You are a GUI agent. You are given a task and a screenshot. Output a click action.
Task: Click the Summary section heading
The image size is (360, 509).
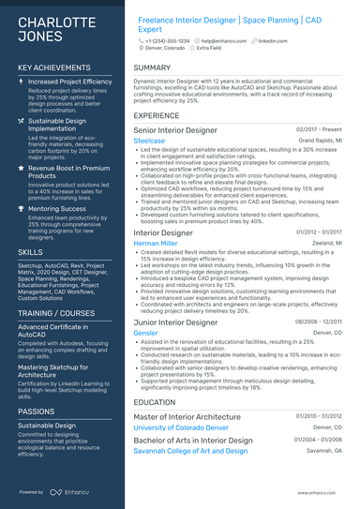tap(152, 67)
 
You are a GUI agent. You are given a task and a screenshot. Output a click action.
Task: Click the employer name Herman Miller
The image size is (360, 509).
tap(156, 243)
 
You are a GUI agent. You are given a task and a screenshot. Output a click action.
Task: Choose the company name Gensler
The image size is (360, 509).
tap(146, 333)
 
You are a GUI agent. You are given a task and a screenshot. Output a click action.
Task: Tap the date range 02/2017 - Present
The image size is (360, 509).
tap(319, 129)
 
